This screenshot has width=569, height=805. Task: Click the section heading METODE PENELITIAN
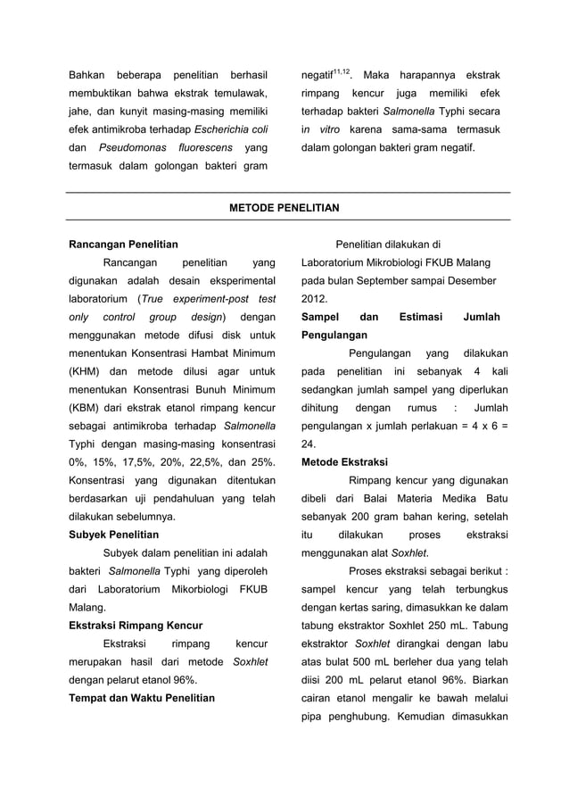coord(284,207)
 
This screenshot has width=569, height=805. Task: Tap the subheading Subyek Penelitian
coord(114,535)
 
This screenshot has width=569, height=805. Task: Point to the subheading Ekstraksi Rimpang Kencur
coord(136,626)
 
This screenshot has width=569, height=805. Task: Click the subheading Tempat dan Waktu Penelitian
coord(142,698)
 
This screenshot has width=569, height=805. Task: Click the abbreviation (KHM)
coord(87,371)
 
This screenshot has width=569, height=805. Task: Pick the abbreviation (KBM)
coord(87,408)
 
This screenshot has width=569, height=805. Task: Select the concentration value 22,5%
coord(220,462)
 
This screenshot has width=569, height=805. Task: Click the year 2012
coord(314,299)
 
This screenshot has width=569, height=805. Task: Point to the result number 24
coord(308,444)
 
